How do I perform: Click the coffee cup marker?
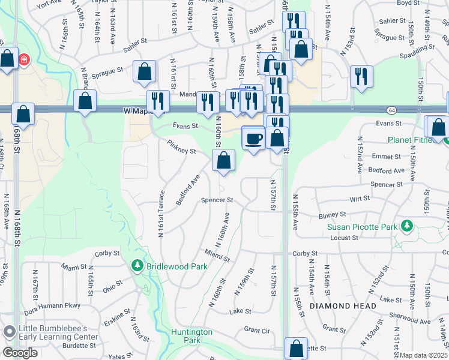point(253,139)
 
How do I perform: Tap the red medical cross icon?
point(24,60)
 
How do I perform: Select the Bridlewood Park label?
point(178,266)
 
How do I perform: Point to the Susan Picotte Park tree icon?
point(408,226)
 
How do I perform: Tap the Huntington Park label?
point(191,335)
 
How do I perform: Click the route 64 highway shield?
point(391,110)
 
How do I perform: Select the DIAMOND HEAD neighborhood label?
point(343,306)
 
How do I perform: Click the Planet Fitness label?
point(414,140)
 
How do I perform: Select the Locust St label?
point(345,238)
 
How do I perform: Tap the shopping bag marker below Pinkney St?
point(223,161)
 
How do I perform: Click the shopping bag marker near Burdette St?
point(296,349)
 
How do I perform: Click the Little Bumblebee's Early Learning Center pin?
point(9,332)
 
